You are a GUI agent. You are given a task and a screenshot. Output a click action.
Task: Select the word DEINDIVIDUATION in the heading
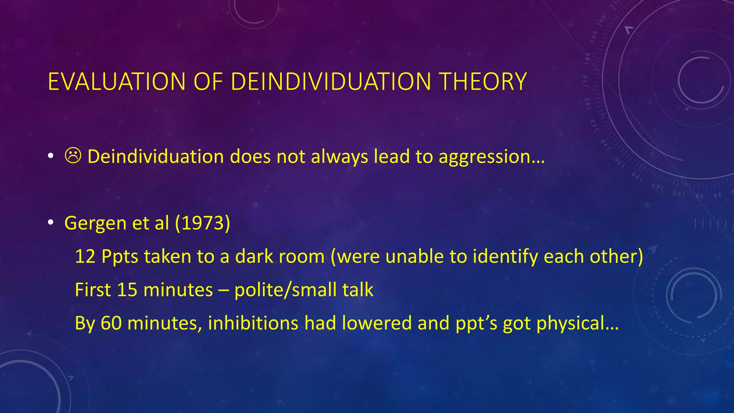coord(330,82)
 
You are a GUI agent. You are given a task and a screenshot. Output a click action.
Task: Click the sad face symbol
coord(73,156)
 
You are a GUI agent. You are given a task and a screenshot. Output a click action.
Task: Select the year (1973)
coord(202,223)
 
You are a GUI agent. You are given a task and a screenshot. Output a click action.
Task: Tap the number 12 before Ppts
coord(85,257)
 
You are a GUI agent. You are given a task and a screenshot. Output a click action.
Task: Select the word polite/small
coord(285,290)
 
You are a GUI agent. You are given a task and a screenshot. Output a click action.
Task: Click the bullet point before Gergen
coord(51,223)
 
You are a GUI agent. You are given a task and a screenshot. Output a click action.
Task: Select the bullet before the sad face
coord(51,156)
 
